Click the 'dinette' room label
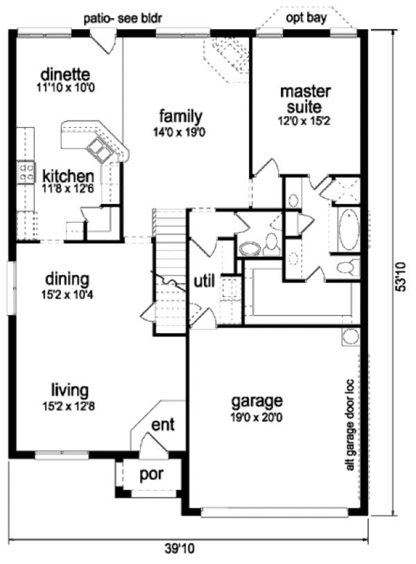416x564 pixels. click(x=65, y=74)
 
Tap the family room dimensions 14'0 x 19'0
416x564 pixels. click(x=180, y=133)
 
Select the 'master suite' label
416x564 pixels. click(x=305, y=99)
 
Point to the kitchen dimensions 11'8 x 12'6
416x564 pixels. click(x=68, y=188)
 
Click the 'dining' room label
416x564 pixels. click(x=67, y=279)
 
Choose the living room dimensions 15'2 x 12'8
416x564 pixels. click(x=69, y=407)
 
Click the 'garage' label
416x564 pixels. click(x=257, y=401)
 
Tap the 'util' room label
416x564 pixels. click(x=205, y=281)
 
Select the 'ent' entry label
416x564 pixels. click(x=163, y=425)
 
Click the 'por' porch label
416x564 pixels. click(x=151, y=475)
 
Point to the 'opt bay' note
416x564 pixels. click(x=306, y=18)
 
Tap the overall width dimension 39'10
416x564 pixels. click(x=180, y=549)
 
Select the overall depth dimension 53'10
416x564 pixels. click(x=401, y=277)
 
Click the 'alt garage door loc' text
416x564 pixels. click(x=350, y=425)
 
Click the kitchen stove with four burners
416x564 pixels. click(x=26, y=172)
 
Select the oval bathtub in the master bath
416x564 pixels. click(x=349, y=229)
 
